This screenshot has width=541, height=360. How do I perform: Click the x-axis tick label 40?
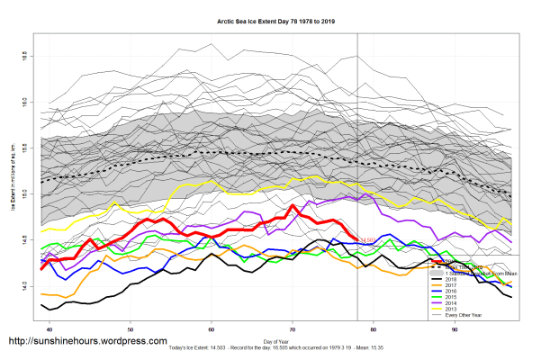[49, 330]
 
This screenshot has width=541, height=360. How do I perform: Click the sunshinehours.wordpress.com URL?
[87, 342]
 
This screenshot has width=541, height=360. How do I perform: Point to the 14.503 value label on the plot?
[367, 240]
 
